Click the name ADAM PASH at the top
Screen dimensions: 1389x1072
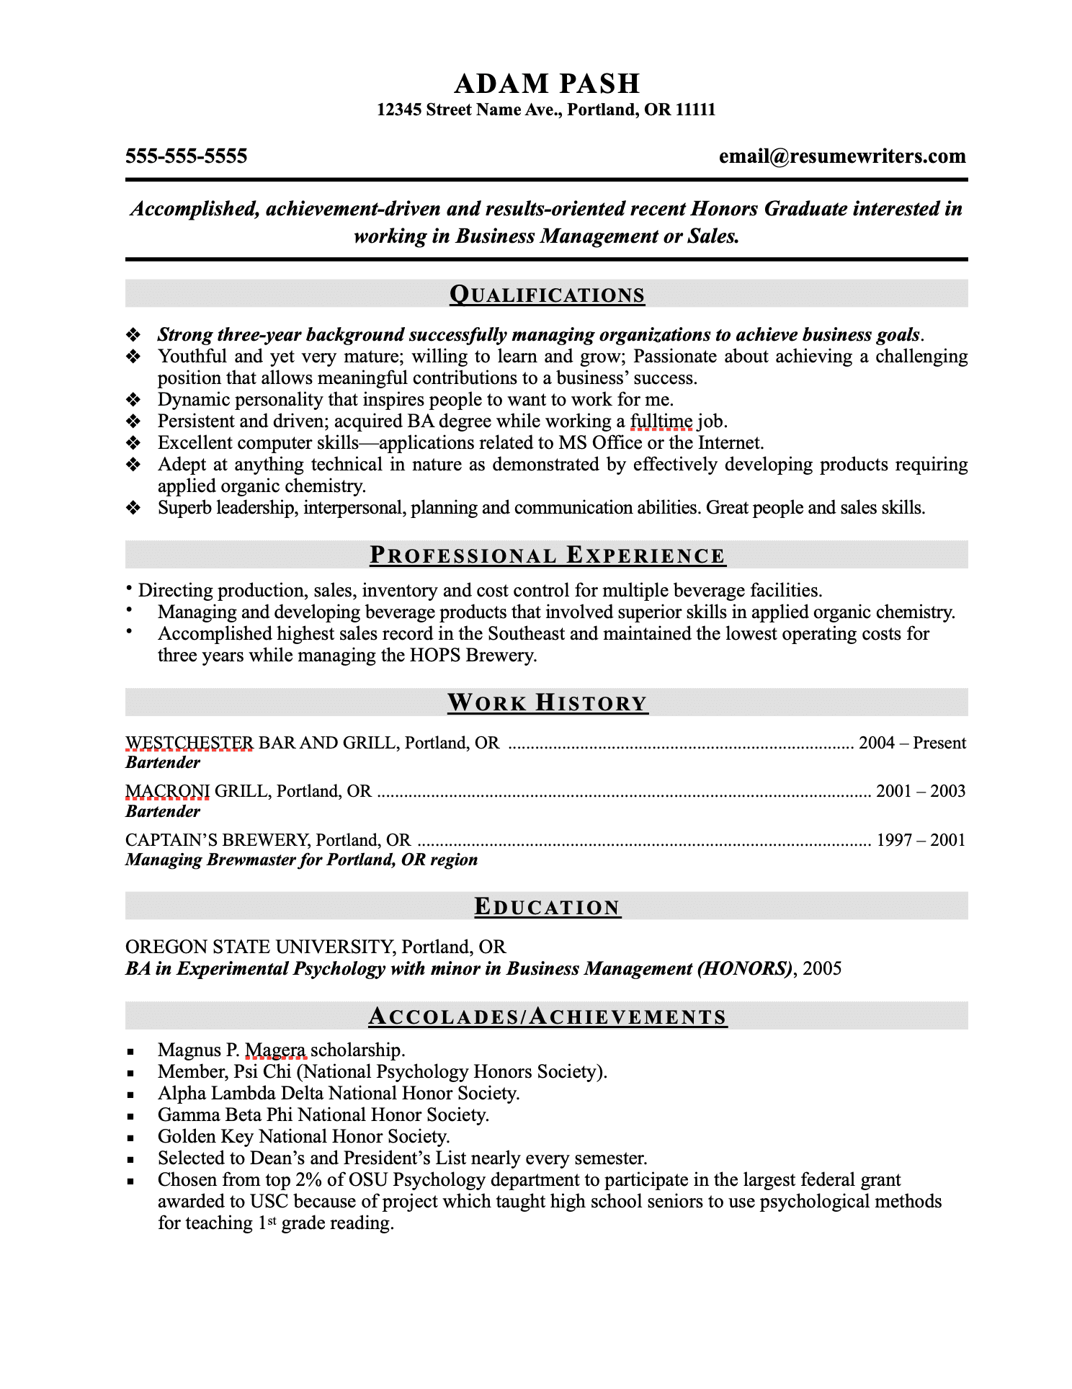[x=547, y=84]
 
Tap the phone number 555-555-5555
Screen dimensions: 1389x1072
[x=186, y=156]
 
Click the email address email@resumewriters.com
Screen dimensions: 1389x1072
[x=841, y=156]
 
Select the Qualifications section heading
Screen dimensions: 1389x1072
[x=547, y=295]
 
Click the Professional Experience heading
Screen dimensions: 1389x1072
[x=547, y=555]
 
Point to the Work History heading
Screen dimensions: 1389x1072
[x=547, y=702]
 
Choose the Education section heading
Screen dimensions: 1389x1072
[x=547, y=907]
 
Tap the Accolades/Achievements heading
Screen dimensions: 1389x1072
[x=547, y=1017]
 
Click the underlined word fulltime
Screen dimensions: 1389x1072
[x=661, y=421]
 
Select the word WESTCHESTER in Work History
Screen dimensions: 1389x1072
[x=189, y=743]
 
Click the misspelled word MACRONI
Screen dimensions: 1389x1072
[x=167, y=791]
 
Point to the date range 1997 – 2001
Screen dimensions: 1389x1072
[x=920, y=840]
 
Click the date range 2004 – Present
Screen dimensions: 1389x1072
[x=911, y=743]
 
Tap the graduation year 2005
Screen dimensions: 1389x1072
[x=822, y=968]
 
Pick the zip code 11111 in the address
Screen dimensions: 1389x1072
[x=695, y=110]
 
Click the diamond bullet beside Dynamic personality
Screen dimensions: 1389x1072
[x=133, y=400]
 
